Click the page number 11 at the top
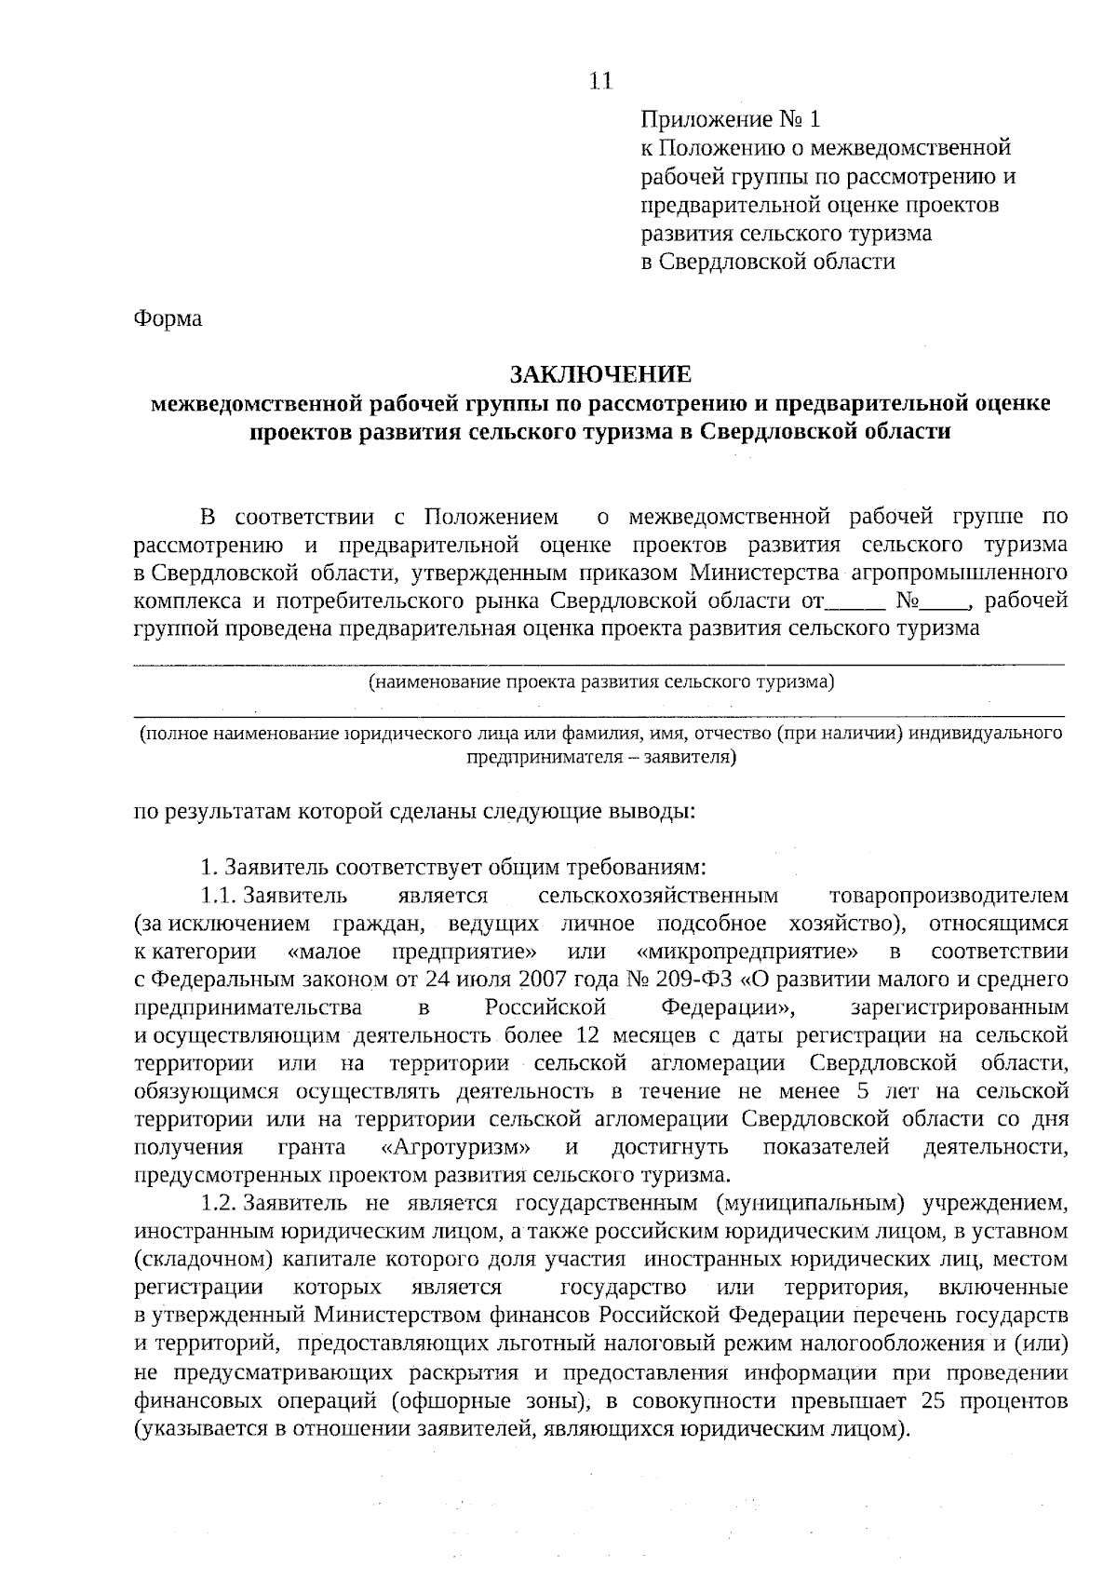coord(600,82)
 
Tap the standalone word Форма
coord(168,319)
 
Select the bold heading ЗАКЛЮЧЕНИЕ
coord(599,375)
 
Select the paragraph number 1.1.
coord(221,896)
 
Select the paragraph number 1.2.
coord(221,1204)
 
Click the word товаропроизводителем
coord(948,896)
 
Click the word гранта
coord(312,1147)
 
